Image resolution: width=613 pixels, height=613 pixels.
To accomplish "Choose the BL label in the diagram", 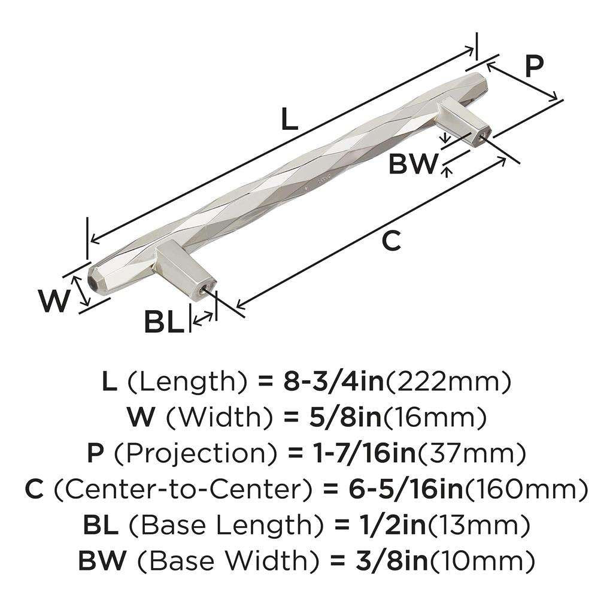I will point(163,323).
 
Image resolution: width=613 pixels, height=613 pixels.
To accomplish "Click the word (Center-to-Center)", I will point(181,490).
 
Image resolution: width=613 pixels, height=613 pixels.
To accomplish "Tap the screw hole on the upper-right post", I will point(482,136).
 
